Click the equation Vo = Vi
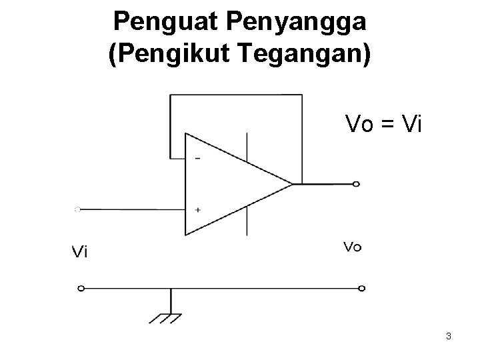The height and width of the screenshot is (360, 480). [383, 123]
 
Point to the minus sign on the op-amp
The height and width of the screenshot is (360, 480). [198, 159]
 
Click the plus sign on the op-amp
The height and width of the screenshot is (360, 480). [198, 209]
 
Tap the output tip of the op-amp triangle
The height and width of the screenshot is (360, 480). [292, 183]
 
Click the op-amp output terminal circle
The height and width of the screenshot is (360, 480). [357, 184]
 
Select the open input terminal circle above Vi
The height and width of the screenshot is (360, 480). [77, 209]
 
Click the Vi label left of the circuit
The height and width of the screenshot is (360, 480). [80, 251]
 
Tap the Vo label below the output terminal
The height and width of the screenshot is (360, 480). [353, 247]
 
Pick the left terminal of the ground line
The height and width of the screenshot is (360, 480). [81, 289]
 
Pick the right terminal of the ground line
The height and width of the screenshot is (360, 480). [362, 289]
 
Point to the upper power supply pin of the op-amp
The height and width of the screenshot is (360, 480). [248, 147]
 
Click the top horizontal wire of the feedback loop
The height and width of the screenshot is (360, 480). [236, 95]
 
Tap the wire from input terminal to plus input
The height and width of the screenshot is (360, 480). [133, 209]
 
